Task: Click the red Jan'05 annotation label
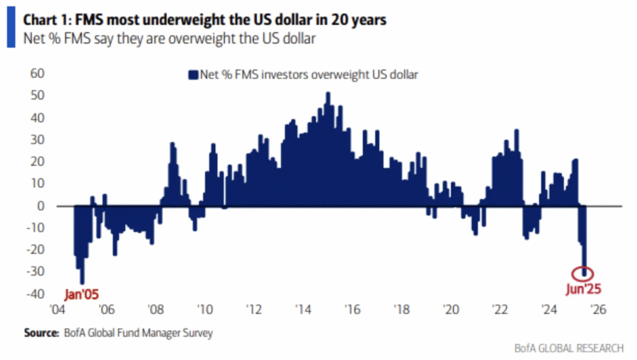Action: [81, 292]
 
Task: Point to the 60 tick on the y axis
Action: [39, 73]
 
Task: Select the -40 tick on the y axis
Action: [36, 294]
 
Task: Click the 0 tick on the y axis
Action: [42, 206]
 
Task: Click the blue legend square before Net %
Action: [192, 75]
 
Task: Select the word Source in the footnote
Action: [41, 333]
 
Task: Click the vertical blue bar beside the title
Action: [9, 29]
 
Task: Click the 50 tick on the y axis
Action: [39, 95]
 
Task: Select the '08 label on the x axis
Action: [156, 309]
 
